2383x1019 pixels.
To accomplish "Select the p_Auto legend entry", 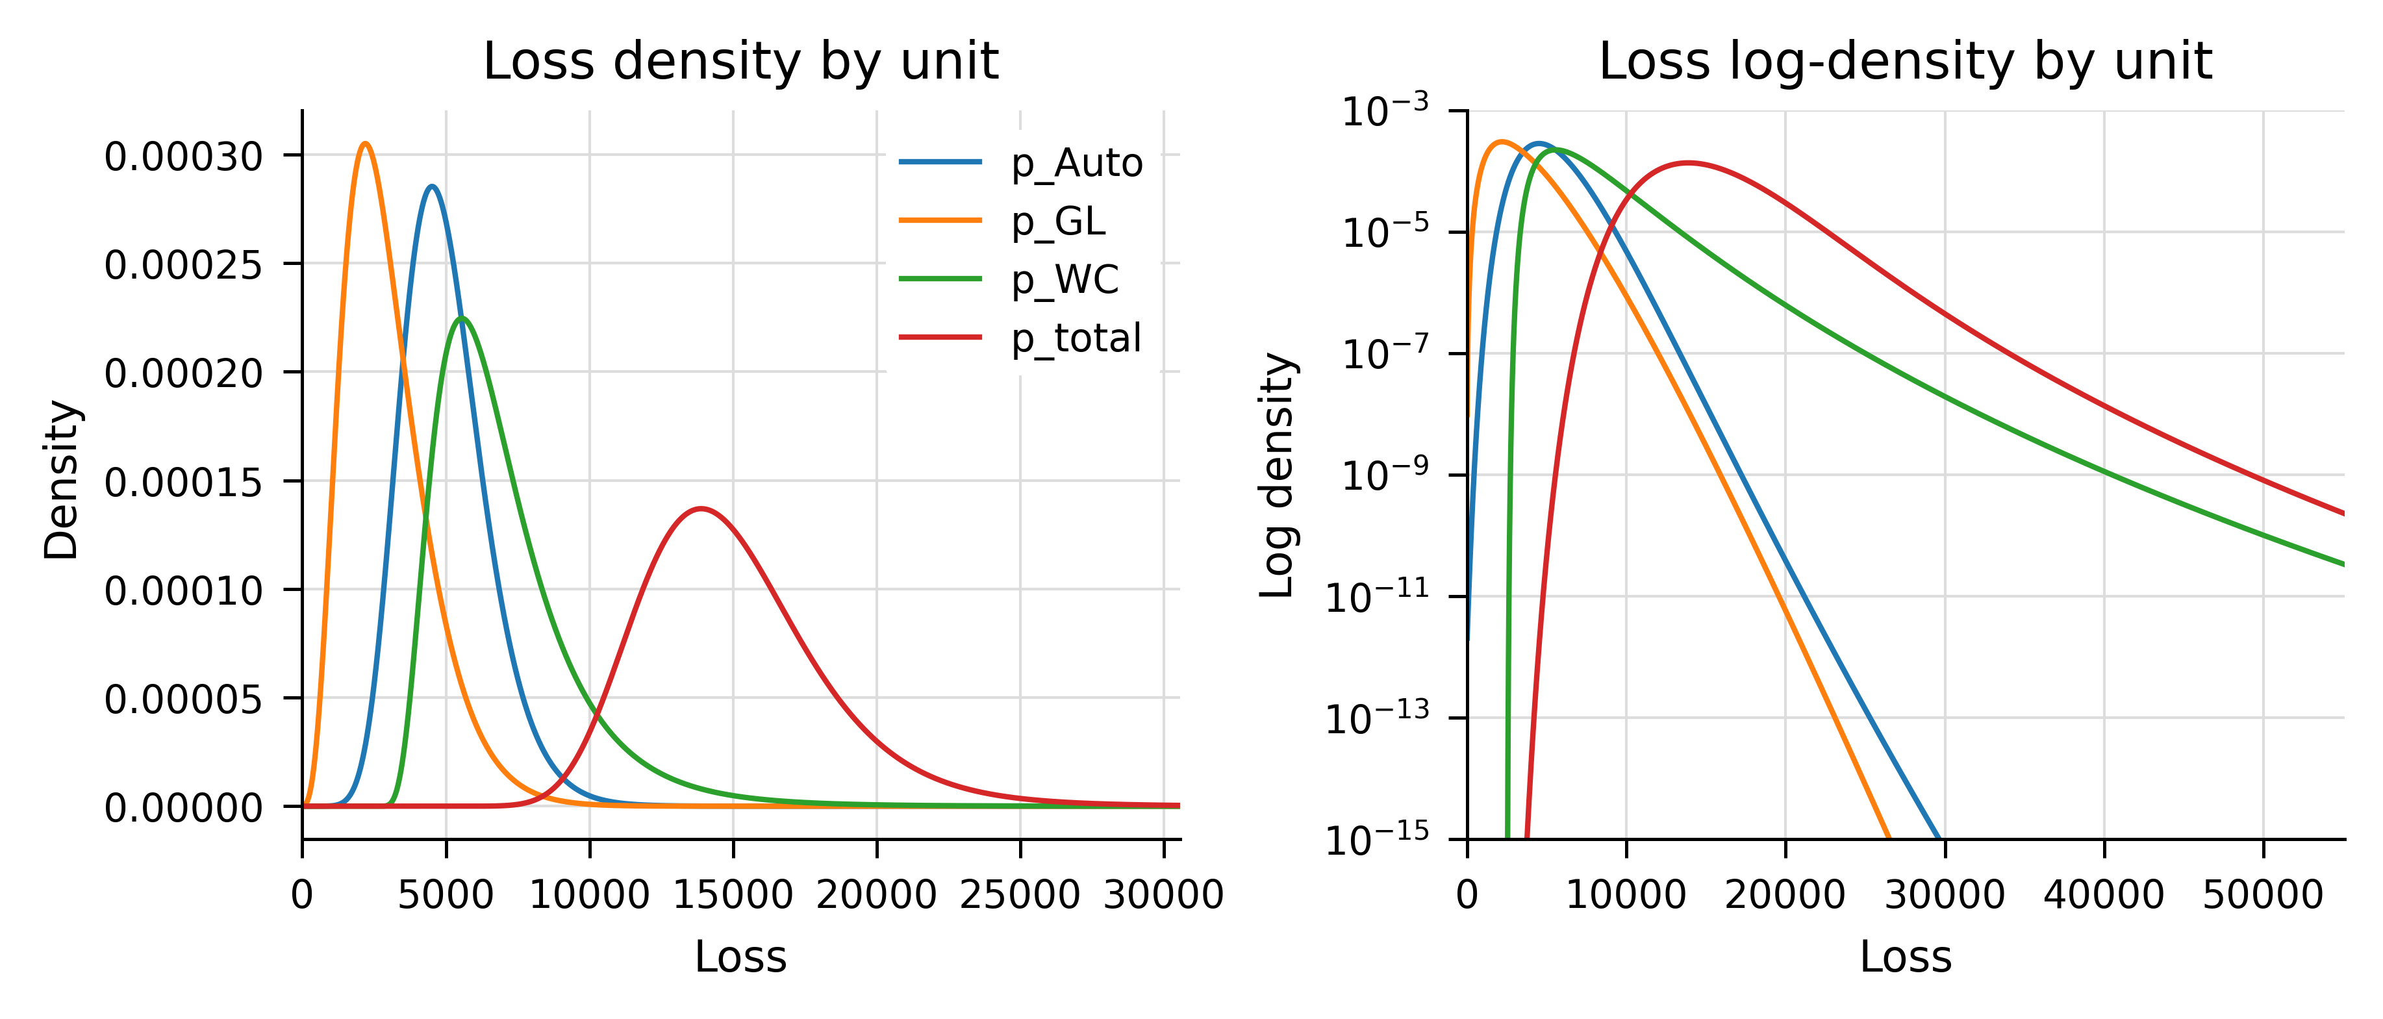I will click(x=1076, y=163).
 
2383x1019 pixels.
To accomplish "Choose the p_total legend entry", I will click(x=1075, y=338).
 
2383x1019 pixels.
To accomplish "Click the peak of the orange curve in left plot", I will click(x=366, y=144).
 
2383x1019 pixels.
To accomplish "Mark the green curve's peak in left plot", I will click(x=462, y=318).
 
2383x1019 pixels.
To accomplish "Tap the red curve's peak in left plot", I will click(x=702, y=509).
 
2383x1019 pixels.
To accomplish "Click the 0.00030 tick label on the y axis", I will click(x=183, y=157).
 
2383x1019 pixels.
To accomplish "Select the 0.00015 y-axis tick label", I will click(x=183, y=482).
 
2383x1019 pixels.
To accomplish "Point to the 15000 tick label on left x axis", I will click(x=733, y=894).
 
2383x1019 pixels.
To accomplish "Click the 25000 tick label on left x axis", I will click(x=1020, y=894).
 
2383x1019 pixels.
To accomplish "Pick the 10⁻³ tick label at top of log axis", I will click(x=1385, y=111).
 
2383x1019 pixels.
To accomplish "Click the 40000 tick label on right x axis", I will click(x=2104, y=894).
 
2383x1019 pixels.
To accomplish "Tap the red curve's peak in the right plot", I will click(x=1688, y=164).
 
